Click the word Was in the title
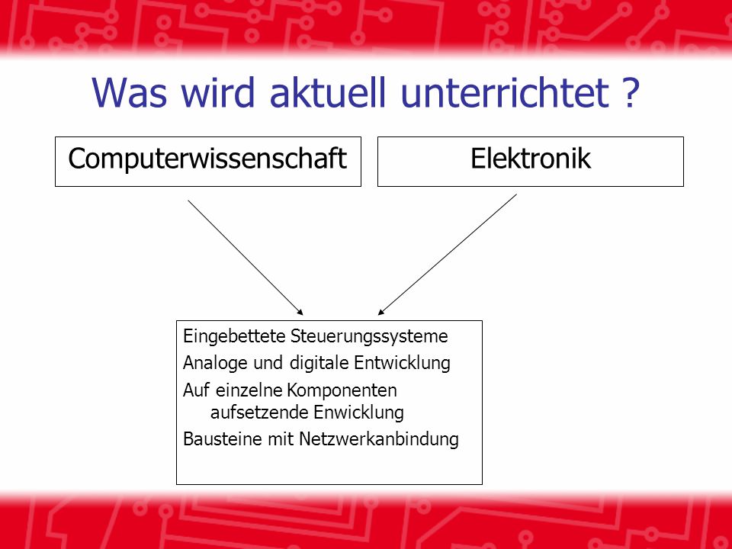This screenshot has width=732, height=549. (130, 92)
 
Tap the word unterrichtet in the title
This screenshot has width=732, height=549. (505, 92)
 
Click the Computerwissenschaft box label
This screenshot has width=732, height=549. (207, 159)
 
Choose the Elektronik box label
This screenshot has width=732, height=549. (531, 159)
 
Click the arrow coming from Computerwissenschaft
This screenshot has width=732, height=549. (246, 258)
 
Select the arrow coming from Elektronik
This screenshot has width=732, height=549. (448, 255)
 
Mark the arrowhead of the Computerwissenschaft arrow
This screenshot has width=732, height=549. (300, 312)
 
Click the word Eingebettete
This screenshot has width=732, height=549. (234, 336)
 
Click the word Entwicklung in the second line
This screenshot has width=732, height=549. (402, 363)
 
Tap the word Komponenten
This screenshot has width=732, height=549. (342, 390)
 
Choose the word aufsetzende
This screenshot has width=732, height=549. (259, 413)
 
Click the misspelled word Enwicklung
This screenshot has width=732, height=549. (358, 413)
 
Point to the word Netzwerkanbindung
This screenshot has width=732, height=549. (379, 439)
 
